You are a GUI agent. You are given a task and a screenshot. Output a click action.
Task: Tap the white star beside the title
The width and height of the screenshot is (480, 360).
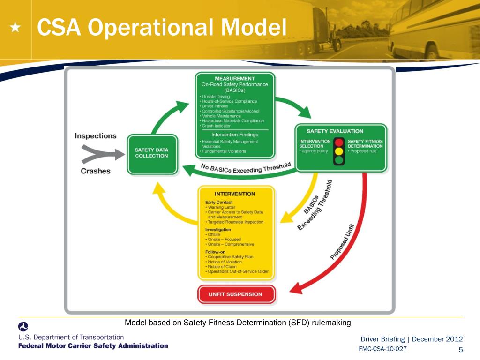(x=15, y=29)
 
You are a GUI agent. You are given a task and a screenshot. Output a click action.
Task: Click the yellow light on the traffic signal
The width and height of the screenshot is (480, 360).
(x=338, y=151)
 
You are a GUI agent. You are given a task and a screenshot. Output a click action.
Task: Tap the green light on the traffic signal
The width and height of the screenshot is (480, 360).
(x=338, y=160)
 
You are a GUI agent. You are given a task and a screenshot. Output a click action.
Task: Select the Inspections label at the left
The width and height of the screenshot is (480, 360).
(x=95, y=136)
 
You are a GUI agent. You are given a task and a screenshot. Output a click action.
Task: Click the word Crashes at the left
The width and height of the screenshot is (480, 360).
(x=96, y=171)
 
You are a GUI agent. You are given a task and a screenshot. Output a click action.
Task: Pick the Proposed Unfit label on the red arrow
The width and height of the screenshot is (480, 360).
(x=343, y=242)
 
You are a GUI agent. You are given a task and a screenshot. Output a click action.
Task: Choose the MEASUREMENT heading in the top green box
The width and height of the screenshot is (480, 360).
(x=235, y=78)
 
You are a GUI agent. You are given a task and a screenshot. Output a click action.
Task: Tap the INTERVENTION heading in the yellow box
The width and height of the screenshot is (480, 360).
(x=235, y=194)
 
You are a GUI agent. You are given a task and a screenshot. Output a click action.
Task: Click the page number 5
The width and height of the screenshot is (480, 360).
(x=460, y=350)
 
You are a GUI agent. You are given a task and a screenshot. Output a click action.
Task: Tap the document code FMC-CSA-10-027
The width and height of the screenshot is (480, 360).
(x=382, y=349)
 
